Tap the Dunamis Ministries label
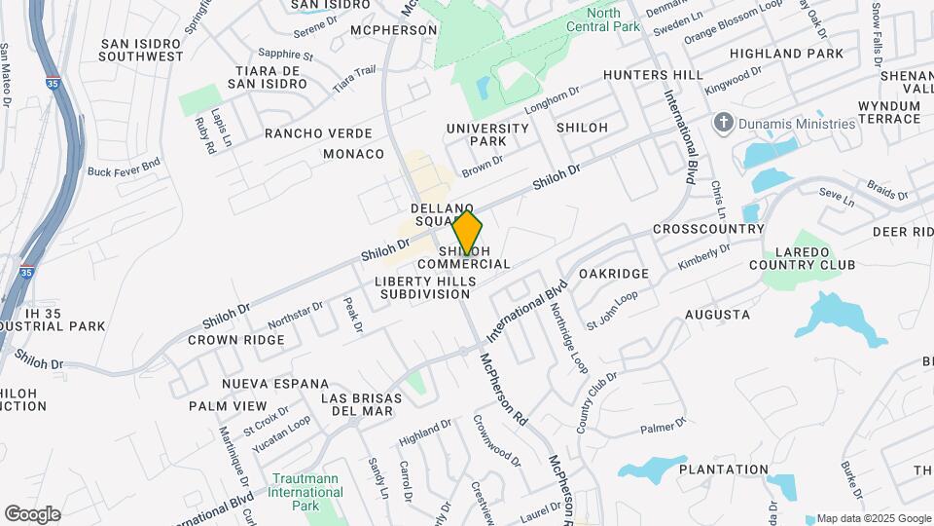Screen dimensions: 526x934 797,124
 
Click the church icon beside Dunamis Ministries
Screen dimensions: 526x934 723,123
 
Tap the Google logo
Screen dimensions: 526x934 32,514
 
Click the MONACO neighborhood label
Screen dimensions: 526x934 361,154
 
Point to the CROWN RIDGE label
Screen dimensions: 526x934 236,340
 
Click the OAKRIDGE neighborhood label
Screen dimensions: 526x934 613,274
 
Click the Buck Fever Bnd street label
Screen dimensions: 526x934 124,170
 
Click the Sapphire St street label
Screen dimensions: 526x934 286,56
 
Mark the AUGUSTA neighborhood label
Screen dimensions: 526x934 717,315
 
